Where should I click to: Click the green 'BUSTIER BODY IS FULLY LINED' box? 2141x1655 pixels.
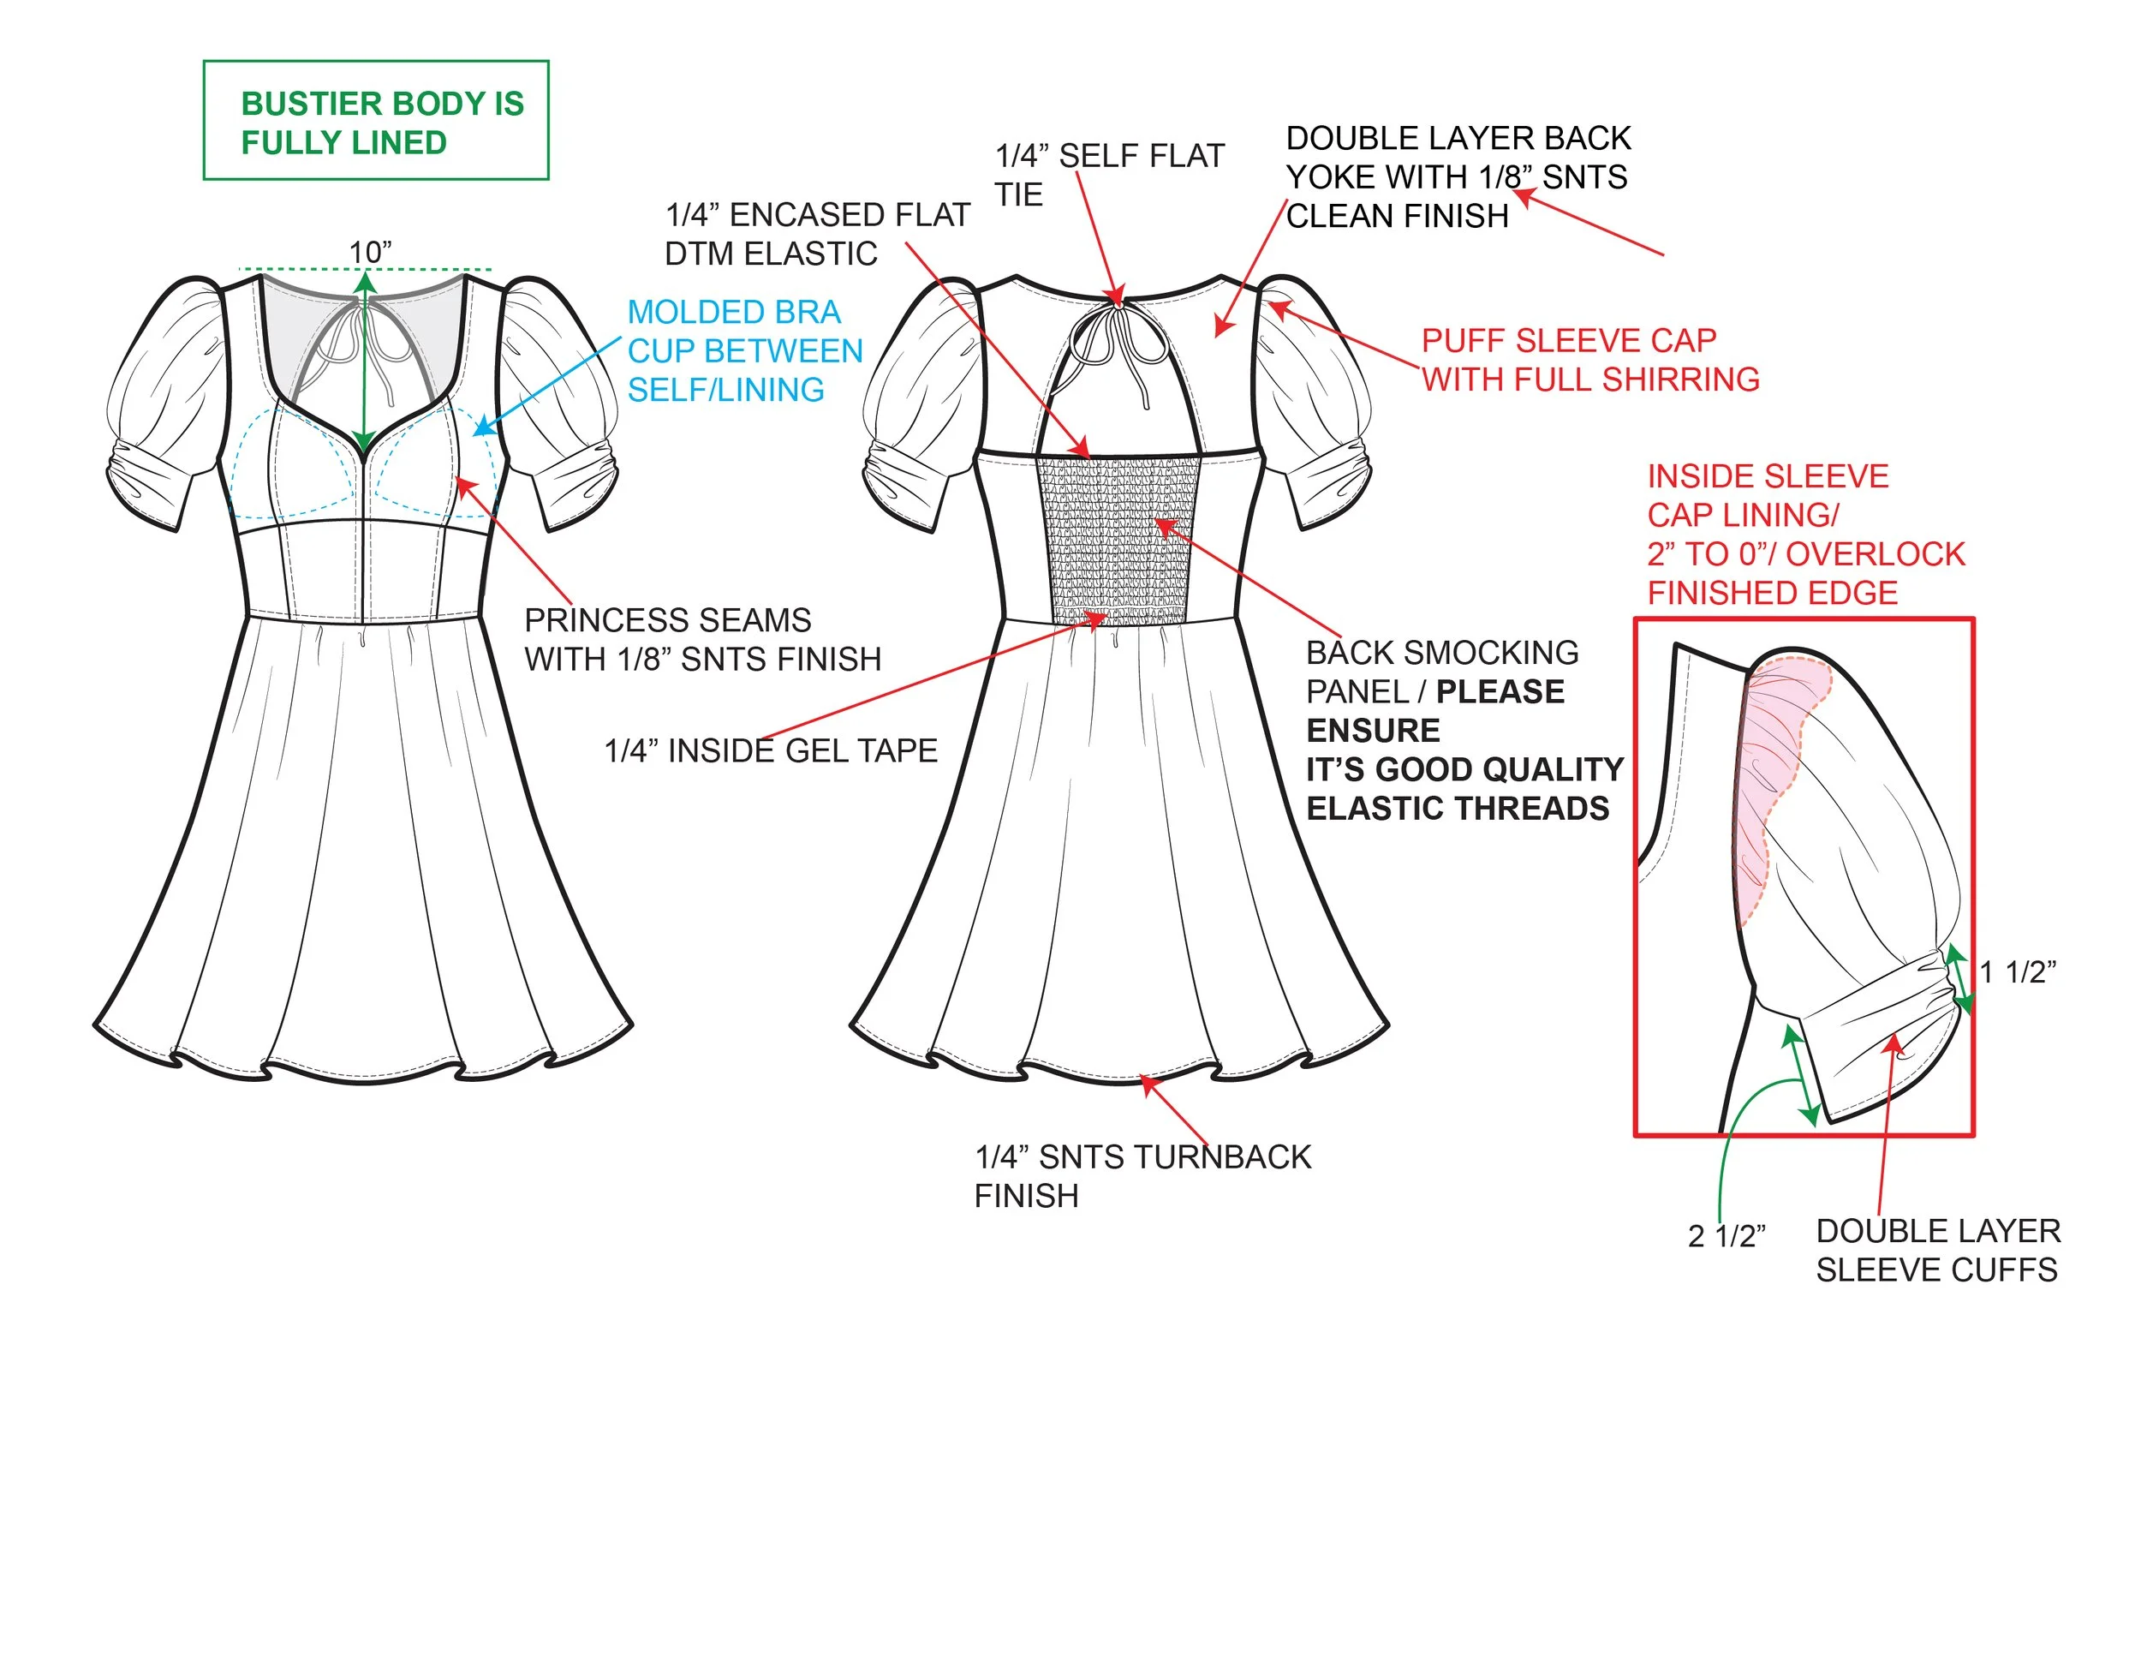375,121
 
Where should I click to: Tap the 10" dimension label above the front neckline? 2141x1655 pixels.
370,252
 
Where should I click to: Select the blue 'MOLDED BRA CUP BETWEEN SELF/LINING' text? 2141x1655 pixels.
744,351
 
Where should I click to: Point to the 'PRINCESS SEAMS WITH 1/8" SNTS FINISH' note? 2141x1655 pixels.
702,639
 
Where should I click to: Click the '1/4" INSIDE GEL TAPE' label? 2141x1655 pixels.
771,751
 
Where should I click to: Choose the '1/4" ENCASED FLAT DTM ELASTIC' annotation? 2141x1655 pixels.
817,235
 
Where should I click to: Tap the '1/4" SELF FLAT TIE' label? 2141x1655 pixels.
1109,175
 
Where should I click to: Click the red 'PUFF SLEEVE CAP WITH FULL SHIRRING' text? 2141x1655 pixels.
1589,360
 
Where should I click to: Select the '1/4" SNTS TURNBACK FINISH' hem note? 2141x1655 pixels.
1142,1175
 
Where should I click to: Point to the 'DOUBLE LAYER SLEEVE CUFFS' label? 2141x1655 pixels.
1937,1250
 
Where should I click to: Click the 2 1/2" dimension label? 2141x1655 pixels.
1727,1236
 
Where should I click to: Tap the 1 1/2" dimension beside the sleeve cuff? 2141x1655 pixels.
2018,971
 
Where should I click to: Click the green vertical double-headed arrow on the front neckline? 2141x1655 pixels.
365,362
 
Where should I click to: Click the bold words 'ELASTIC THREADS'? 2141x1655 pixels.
1458,809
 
